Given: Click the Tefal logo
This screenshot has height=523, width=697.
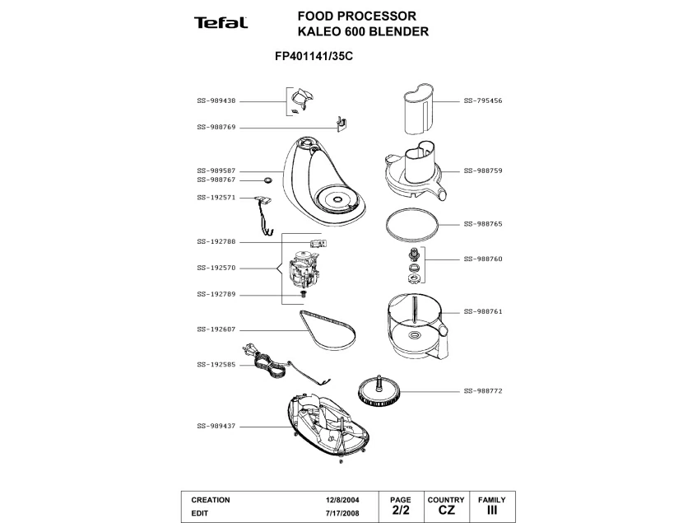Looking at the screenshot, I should click(x=221, y=23).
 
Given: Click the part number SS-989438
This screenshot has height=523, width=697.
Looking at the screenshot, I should click(x=216, y=101).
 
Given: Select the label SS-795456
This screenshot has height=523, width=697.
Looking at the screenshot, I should click(x=483, y=101).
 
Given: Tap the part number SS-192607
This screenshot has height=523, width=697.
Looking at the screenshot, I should click(x=216, y=329).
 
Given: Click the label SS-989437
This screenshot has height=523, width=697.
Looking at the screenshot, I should click(x=216, y=426).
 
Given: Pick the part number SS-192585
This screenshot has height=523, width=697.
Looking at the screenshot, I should click(x=216, y=365).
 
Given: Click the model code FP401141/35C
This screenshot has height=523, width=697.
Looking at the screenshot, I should click(x=318, y=58).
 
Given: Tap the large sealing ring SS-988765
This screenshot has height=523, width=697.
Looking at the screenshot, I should click(x=411, y=222).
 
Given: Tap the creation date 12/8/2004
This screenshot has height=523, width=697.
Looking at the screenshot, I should click(x=342, y=500).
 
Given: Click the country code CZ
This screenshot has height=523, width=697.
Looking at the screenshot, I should click(x=446, y=511).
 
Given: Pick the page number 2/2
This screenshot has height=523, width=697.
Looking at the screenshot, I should click(x=400, y=511).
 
